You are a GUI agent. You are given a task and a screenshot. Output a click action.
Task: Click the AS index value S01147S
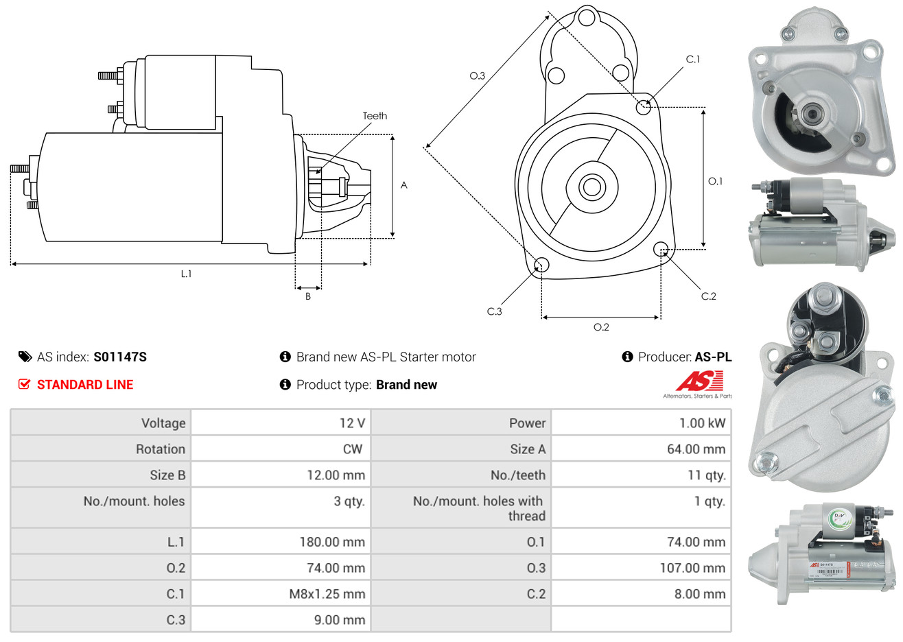coord(120,357)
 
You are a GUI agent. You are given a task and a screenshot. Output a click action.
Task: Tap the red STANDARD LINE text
coord(85,385)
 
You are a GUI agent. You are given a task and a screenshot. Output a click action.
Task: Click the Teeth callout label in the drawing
coord(375,116)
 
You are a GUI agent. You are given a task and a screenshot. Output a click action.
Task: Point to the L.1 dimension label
coord(186,274)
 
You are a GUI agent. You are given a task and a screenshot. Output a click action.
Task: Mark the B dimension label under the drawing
coord(308,296)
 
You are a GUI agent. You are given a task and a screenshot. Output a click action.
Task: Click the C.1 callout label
coord(693,60)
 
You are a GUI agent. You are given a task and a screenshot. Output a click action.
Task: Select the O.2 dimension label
coord(601,327)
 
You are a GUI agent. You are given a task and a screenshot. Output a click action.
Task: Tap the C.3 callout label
coord(494,311)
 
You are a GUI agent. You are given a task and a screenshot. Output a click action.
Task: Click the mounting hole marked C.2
coord(661,248)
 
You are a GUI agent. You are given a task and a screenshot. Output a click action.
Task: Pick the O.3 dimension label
coord(477,75)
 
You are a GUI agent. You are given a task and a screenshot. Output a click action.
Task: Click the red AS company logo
coord(699,381)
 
